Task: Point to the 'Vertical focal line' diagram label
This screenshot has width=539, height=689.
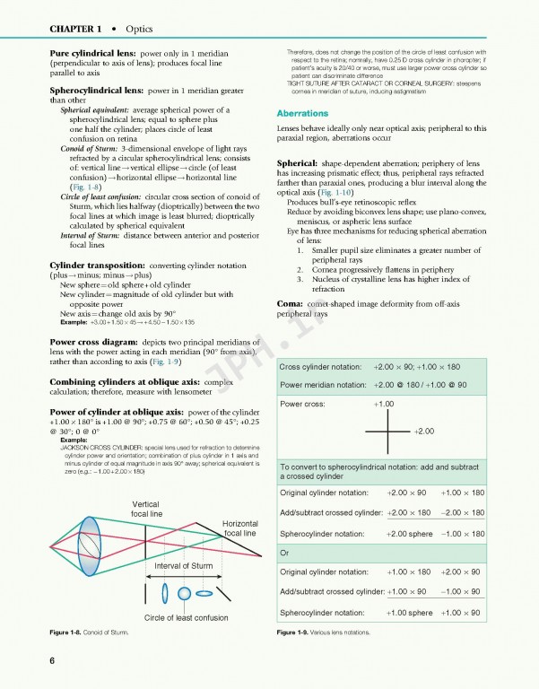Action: click(145, 509)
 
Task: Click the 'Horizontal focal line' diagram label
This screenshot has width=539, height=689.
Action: click(239, 528)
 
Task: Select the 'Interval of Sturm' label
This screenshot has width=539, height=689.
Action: click(184, 565)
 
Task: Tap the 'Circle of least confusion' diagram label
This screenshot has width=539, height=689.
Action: click(187, 618)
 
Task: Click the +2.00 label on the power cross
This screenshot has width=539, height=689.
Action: click(424, 432)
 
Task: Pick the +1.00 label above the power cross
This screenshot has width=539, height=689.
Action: click(384, 405)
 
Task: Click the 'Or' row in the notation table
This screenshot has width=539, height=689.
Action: click(286, 551)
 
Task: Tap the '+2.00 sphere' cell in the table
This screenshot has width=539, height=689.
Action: click(409, 533)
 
